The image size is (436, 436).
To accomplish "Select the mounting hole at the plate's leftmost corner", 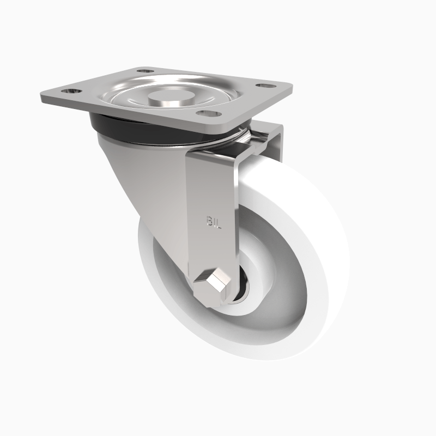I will tap(71, 91).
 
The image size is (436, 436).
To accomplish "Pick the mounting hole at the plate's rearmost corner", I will tap(144, 71).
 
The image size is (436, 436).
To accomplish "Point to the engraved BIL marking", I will tap(214, 221).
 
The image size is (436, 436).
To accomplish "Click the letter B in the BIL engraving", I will tap(209, 221).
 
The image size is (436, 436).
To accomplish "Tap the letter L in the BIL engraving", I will tap(219, 221).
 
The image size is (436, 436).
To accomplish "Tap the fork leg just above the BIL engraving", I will tap(213, 185).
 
